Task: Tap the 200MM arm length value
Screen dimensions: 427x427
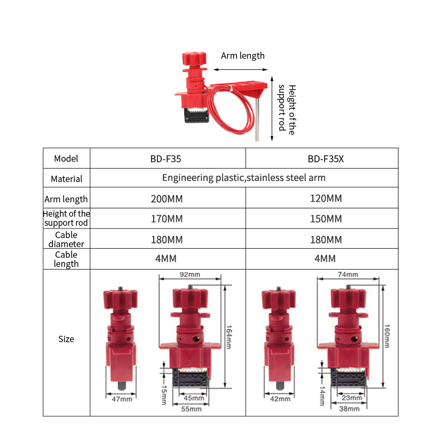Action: click(167, 199)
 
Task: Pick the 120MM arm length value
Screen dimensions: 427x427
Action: click(326, 198)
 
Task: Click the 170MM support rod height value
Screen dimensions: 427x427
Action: click(167, 219)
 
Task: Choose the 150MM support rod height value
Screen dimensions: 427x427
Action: click(326, 219)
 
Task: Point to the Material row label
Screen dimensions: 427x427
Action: click(66, 179)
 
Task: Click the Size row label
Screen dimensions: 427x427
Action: click(66, 339)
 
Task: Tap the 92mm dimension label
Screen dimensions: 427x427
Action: click(190, 274)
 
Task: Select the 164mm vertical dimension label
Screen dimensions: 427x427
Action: click(229, 337)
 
